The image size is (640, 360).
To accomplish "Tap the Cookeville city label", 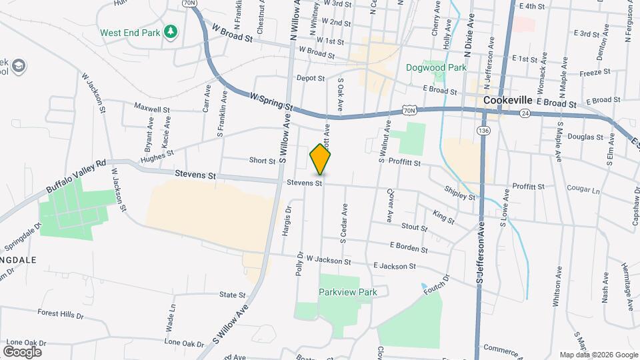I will (507, 99).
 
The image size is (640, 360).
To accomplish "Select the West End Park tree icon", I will (171, 31).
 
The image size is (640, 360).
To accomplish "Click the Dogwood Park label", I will (436, 67).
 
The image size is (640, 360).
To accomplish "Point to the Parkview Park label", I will (347, 292).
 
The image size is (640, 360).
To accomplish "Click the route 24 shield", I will (525, 113).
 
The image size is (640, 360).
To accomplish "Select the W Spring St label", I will (272, 101).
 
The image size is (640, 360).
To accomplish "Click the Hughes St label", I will (157, 157).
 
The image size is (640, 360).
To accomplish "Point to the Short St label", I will (262, 161).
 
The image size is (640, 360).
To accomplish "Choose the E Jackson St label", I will (395, 265).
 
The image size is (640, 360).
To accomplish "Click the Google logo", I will (22, 351).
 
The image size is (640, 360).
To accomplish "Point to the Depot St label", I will (310, 78).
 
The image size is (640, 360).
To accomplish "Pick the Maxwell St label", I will (152, 107).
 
